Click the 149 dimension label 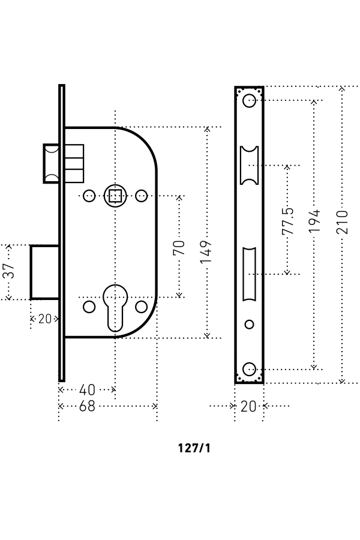coord(206,253)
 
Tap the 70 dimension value coord(179,247)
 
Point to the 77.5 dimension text coord(287,220)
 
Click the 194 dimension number coord(314,221)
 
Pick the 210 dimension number coord(341,223)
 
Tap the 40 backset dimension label coord(88,390)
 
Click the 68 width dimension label coord(88,406)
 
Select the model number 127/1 coord(194,448)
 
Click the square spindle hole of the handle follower coord(115,195)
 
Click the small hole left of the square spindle coord(89,195)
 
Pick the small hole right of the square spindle coord(141,195)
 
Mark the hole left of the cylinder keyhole coord(89,307)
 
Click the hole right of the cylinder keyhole coord(141,307)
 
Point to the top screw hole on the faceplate coord(249,100)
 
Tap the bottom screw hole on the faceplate coord(249,368)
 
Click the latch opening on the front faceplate coord(249,164)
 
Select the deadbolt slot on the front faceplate coord(249,274)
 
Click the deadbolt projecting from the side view coord(44,272)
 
